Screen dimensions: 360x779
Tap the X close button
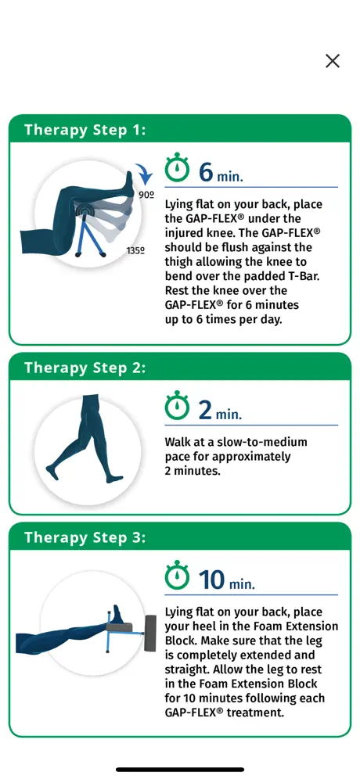[x=332, y=61]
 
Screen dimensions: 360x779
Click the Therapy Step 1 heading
[x=85, y=130]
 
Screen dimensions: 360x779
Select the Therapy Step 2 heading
[x=85, y=368]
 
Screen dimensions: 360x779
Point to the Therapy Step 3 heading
[x=85, y=537]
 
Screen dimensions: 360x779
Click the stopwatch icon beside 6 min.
[x=177, y=170]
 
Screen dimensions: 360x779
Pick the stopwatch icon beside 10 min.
[x=177, y=577]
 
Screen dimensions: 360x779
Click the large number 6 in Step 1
[x=206, y=172]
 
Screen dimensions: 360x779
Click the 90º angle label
[x=146, y=196]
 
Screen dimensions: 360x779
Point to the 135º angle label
[x=135, y=251]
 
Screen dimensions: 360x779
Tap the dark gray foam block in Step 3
[x=150, y=633]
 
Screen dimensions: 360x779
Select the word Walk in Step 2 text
[x=178, y=442]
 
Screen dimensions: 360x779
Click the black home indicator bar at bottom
[x=180, y=770]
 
